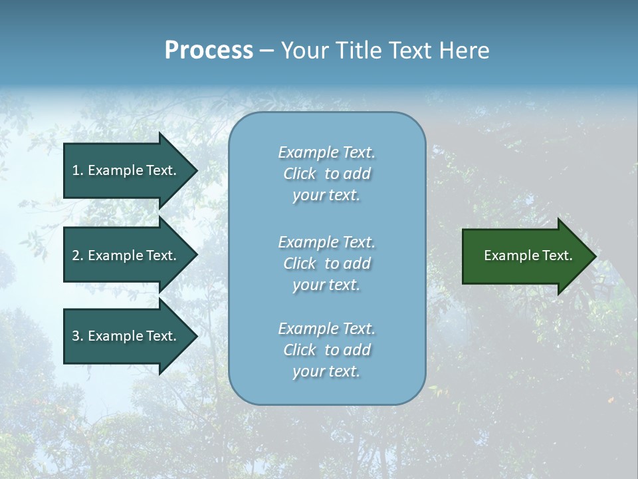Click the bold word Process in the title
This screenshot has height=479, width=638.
coord(209,51)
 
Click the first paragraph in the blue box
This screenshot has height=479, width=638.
coord(326,174)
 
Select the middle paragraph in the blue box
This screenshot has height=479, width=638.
coord(326,263)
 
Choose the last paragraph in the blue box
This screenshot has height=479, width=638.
coord(326,350)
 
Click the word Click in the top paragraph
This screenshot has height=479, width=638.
coord(300,174)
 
